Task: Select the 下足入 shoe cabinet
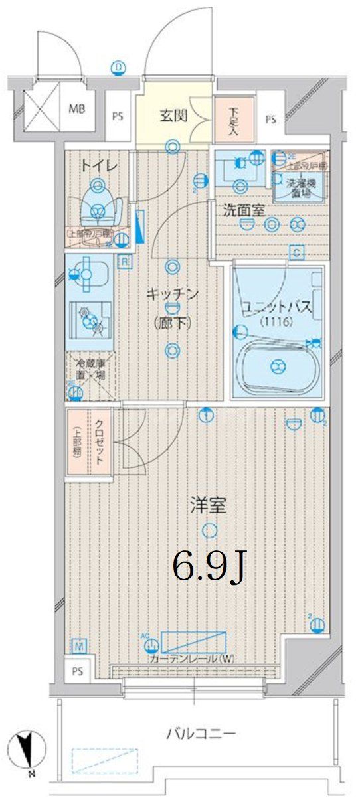pos(233,120)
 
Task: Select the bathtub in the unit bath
pos(279,364)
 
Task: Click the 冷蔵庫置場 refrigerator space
pos(90,369)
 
